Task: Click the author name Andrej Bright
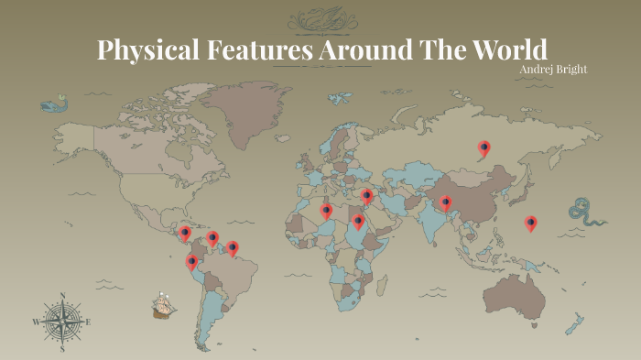tap(552, 70)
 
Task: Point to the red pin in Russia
tap(483, 147)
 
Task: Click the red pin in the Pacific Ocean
tap(530, 223)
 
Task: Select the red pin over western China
tap(446, 202)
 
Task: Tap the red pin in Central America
tap(184, 234)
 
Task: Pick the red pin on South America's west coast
tap(191, 261)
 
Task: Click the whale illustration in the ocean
tap(54, 104)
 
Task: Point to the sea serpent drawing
tap(586, 213)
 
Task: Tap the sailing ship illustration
tap(164, 305)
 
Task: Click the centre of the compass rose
tap(61, 322)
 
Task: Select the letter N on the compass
tap(61, 295)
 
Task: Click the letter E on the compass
tap(88, 322)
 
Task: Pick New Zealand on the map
tap(575, 323)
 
